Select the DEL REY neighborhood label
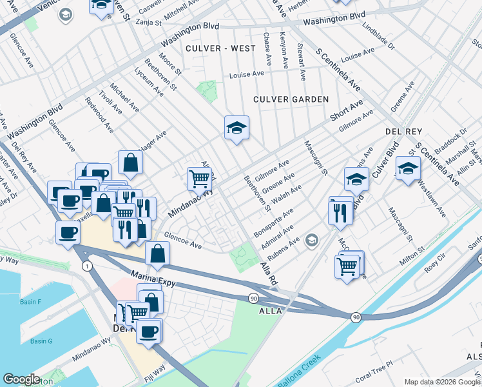403,132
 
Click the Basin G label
41,341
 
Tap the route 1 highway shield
86,266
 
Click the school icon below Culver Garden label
236,128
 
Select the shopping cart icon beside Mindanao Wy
200,178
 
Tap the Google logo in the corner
21,379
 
